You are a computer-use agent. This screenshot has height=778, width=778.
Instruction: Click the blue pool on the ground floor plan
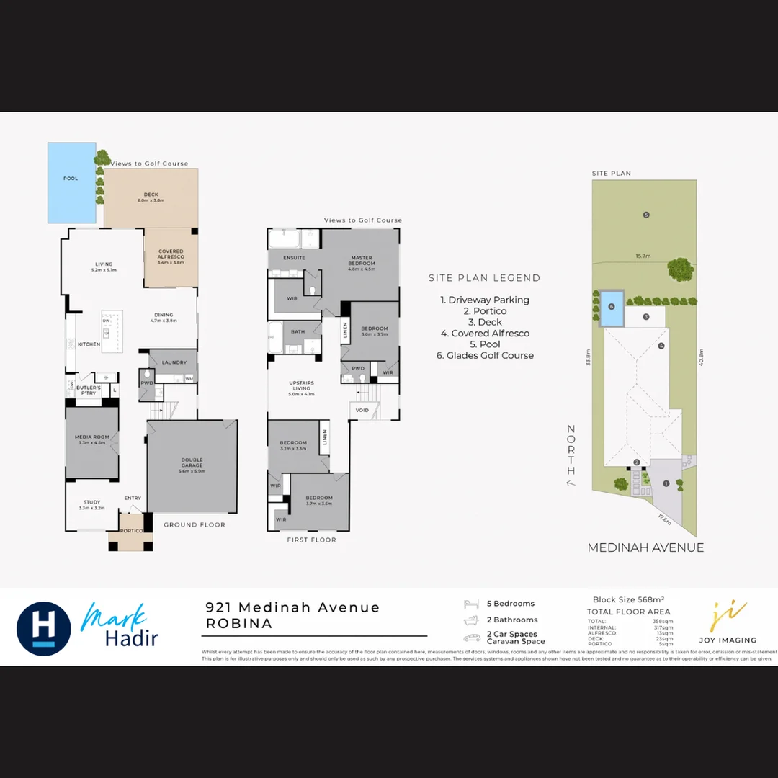[x=71, y=182]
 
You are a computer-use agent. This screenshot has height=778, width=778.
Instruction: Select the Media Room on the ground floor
[x=91, y=440]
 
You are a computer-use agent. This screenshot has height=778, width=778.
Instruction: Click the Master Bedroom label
[x=362, y=260]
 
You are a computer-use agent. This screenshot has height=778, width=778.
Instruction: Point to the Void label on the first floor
[x=362, y=411]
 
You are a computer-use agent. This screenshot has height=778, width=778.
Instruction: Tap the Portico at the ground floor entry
[x=131, y=531]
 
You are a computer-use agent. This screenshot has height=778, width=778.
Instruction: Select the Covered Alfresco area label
[x=171, y=254]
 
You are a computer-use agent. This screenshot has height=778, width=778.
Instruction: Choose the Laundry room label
[x=174, y=362]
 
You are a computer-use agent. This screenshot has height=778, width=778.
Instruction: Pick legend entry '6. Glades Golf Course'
[x=485, y=355]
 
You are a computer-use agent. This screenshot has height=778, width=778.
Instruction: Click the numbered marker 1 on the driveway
[x=666, y=483]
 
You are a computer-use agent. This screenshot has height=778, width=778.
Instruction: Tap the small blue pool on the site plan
[x=611, y=305]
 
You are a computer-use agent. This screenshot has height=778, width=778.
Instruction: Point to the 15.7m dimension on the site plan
[x=643, y=255]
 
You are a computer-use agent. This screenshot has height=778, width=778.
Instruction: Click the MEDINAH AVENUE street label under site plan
[x=645, y=547]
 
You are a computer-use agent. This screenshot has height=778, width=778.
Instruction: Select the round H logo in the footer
[x=44, y=628]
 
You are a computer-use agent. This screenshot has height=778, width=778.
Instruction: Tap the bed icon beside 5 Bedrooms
[x=471, y=604]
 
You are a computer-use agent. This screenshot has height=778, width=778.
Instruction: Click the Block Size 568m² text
[x=628, y=599]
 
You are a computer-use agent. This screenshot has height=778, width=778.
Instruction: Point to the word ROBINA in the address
[x=239, y=624]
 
